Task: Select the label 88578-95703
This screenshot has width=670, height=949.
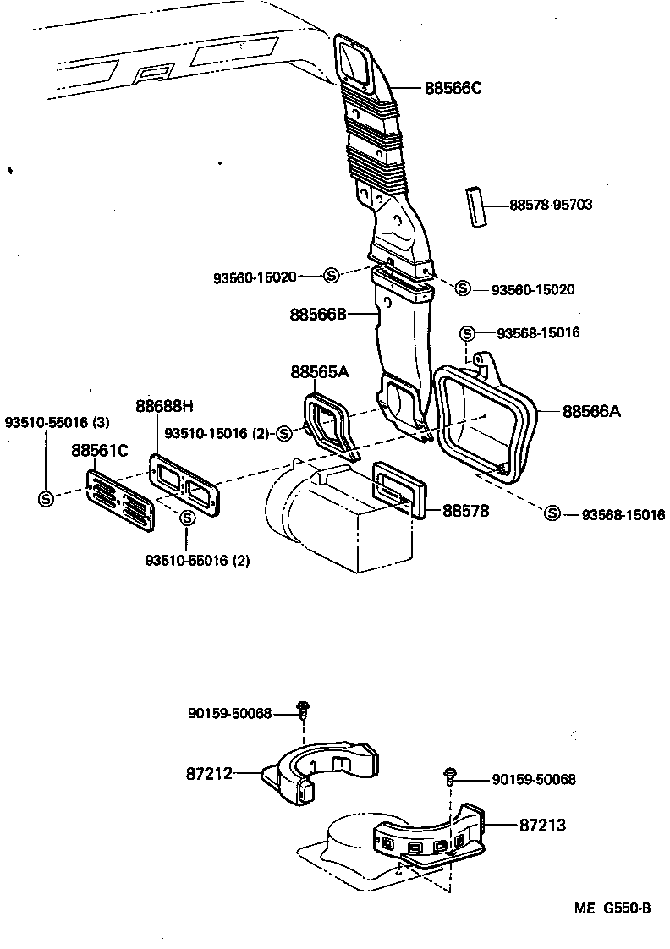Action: pos(550,205)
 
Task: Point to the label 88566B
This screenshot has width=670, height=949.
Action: pos(319,314)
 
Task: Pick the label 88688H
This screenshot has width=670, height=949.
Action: pos(165,405)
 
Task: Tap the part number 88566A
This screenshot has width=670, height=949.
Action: pos(591,411)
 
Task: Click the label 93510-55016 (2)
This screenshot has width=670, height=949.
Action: pos(198,560)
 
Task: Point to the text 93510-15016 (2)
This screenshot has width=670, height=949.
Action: pos(216,433)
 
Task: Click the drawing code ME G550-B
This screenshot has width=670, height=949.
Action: pos(612,908)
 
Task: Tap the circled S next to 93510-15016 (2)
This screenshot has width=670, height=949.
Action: pos(283,433)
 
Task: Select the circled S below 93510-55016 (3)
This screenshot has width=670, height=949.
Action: pos(46,498)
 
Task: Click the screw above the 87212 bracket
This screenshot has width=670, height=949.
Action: pos(301,709)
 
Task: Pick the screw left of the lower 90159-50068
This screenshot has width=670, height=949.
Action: pos(451,775)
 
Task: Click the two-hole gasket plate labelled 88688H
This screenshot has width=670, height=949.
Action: pos(186,484)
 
